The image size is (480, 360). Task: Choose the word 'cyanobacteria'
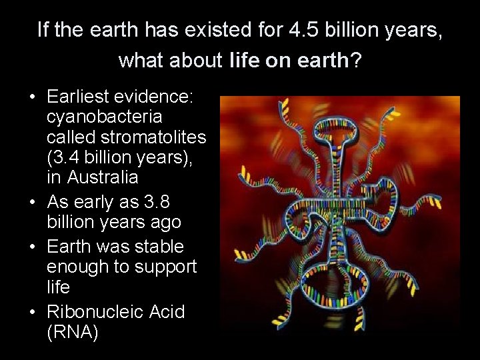point(104,117)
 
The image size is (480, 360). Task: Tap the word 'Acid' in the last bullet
point(167,311)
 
